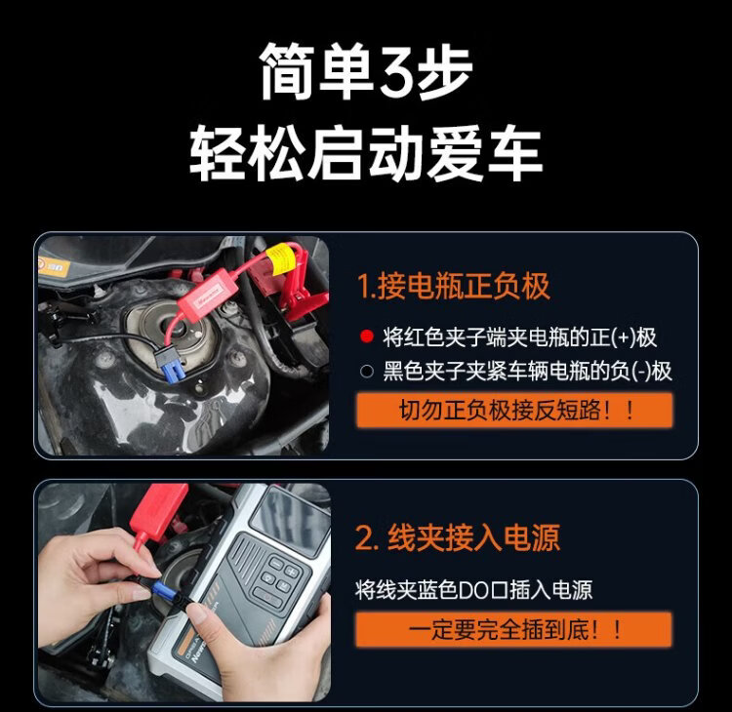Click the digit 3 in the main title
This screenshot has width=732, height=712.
395,72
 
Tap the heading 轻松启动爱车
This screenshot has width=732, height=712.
366,152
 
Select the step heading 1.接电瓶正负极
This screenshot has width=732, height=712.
453,286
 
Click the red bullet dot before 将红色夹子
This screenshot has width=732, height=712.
367,336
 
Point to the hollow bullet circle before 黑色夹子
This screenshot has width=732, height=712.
367,371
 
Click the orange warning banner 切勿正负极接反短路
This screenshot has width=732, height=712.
514,410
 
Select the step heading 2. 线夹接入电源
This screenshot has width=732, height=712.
458,537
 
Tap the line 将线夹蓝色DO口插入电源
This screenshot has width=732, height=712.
473,590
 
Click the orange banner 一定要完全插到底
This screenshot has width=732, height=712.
513,629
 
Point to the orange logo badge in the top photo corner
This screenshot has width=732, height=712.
54,267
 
